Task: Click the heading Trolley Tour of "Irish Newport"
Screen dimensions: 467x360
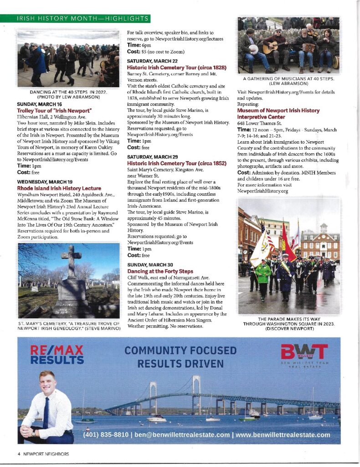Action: [x=54, y=111]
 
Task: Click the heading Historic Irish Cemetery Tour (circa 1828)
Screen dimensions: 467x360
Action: [x=177, y=67]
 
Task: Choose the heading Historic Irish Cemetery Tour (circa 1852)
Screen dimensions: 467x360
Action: [x=176, y=163]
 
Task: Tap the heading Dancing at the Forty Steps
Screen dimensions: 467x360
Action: [x=160, y=271]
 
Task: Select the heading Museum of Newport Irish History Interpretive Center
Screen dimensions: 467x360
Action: [x=278, y=114]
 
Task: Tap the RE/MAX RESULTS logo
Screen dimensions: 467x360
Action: [x=57, y=355]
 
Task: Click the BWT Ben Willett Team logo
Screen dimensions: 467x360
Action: [x=304, y=354]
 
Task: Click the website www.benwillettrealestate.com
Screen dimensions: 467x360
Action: [x=283, y=435]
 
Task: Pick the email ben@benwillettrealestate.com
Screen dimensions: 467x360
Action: [x=181, y=435]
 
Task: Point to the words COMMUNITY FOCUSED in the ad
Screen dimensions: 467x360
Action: [x=180, y=351]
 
